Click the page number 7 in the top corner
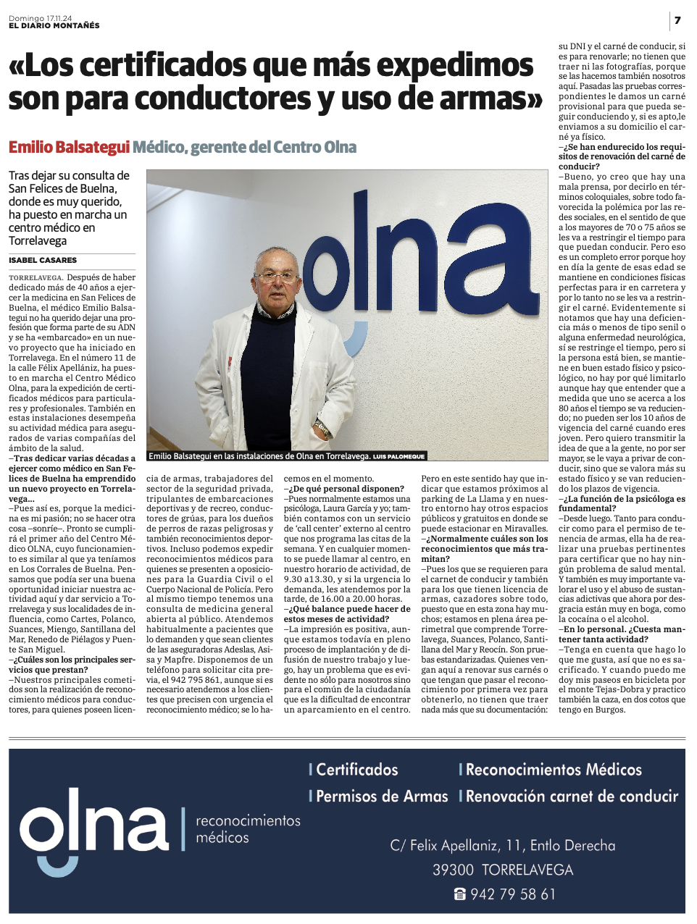[677, 20]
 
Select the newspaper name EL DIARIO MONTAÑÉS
[54, 26]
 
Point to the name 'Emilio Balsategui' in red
[69, 148]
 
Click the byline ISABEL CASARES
[43, 260]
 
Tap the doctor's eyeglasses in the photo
[276, 277]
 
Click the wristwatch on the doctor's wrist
[322, 428]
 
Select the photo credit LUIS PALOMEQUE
[398, 457]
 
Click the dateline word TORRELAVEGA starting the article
[36, 277]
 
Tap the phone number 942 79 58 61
[512, 894]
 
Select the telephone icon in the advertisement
[459, 894]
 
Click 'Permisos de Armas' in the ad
[382, 797]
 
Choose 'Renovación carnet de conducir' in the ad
[572, 797]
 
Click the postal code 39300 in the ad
[453, 870]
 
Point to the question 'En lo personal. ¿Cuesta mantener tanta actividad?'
[622, 634]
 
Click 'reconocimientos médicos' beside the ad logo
[248, 829]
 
